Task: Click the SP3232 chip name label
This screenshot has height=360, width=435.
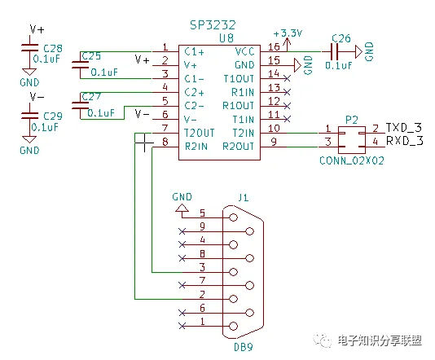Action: [213, 25]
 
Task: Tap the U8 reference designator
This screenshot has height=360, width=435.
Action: [226, 38]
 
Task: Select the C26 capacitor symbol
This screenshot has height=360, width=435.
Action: [335, 51]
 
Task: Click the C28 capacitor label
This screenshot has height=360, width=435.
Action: [53, 49]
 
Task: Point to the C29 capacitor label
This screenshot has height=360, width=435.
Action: [53, 116]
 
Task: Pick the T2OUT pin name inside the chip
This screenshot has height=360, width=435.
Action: [200, 133]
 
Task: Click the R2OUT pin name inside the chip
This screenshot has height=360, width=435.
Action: [239, 146]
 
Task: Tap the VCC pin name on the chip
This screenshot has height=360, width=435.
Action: [244, 51]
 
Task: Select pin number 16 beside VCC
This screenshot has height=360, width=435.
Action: [274, 46]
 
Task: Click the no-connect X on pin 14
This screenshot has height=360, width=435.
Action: [287, 78]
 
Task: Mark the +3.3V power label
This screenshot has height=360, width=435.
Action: [288, 33]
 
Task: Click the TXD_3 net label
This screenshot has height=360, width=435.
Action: [404, 128]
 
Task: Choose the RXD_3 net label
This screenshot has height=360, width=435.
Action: [405, 141]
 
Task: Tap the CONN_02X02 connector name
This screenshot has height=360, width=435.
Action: [351, 160]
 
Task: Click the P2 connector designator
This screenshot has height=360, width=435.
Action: [351, 121]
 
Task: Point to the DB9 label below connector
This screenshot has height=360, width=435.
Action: [244, 347]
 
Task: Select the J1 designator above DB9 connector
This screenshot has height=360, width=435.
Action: [244, 197]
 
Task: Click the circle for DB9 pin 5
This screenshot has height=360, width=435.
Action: [233, 217]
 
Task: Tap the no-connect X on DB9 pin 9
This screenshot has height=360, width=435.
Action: [182, 231]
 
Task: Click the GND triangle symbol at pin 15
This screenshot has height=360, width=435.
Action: [297, 65]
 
